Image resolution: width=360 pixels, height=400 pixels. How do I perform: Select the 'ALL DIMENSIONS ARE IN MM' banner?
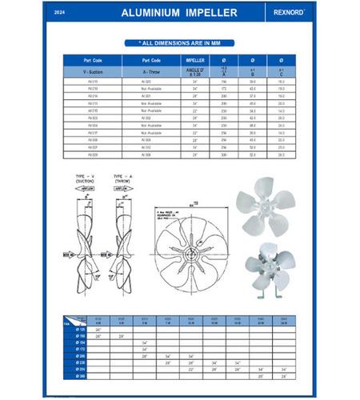[179, 43]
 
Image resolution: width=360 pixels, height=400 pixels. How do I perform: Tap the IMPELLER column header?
[195, 60]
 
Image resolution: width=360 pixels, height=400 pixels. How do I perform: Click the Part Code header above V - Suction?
[93, 60]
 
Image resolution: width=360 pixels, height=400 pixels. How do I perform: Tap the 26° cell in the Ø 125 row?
[98, 329]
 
